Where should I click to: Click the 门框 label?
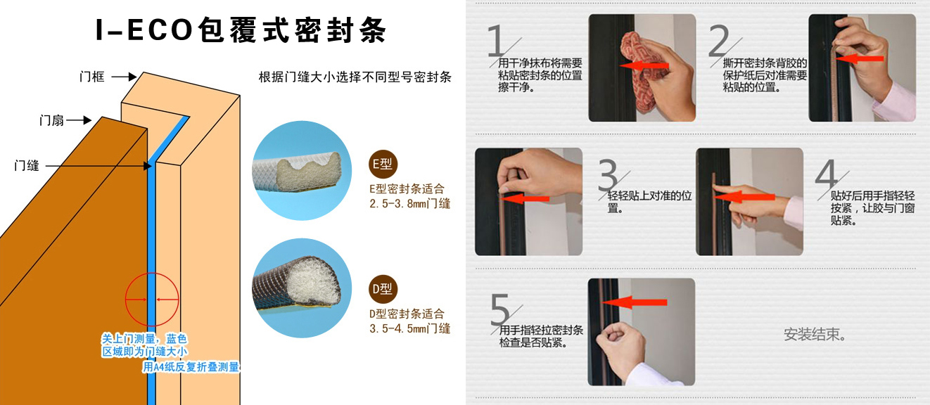click(x=91, y=77)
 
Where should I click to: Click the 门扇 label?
click(x=51, y=120)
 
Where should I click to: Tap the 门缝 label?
click(x=27, y=165)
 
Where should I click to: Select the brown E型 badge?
click(x=383, y=164)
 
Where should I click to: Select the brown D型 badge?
click(x=383, y=289)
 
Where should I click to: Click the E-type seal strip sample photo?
click(x=302, y=171)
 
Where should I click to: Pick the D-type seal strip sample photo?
click(x=302, y=288)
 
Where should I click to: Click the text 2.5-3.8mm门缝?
click(x=410, y=203)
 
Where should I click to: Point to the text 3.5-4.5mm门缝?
click(x=410, y=328)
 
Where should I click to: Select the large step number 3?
click(x=609, y=174)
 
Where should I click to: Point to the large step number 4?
click(x=827, y=174)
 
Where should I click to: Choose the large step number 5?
click(x=500, y=309)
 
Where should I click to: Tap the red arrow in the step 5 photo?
click(x=635, y=302)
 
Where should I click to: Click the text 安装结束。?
click(x=814, y=334)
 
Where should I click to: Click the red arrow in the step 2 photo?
click(x=859, y=58)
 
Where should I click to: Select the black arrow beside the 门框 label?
click(x=124, y=77)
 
